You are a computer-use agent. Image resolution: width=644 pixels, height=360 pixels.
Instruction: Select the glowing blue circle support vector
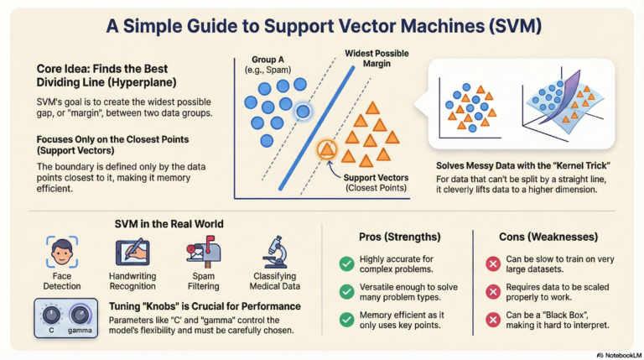pyautogui.click(x=303, y=110)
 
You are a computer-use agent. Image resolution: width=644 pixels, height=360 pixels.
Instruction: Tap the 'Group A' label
pyautogui.click(x=271, y=60)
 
